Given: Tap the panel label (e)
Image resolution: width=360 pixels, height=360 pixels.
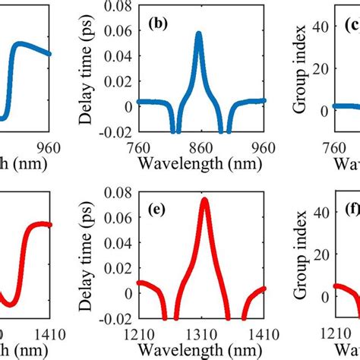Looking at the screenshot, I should [159, 205].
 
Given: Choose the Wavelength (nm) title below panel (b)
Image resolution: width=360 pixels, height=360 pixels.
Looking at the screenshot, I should [201, 163].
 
